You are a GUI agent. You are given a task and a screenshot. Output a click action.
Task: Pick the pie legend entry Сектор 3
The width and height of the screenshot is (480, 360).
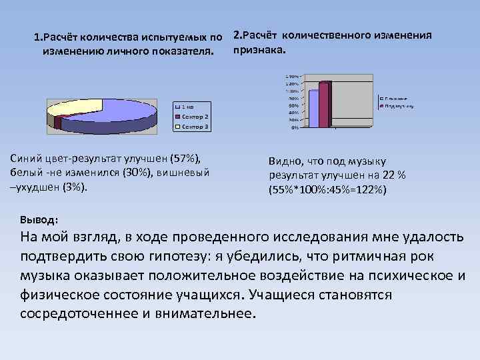(x=194, y=126)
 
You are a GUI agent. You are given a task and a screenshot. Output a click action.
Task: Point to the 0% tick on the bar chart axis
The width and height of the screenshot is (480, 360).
(x=294, y=127)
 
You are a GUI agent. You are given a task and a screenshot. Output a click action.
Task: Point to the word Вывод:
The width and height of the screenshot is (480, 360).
(x=39, y=219)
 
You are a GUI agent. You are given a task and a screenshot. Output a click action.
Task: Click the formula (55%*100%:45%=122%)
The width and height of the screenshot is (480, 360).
(x=327, y=189)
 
